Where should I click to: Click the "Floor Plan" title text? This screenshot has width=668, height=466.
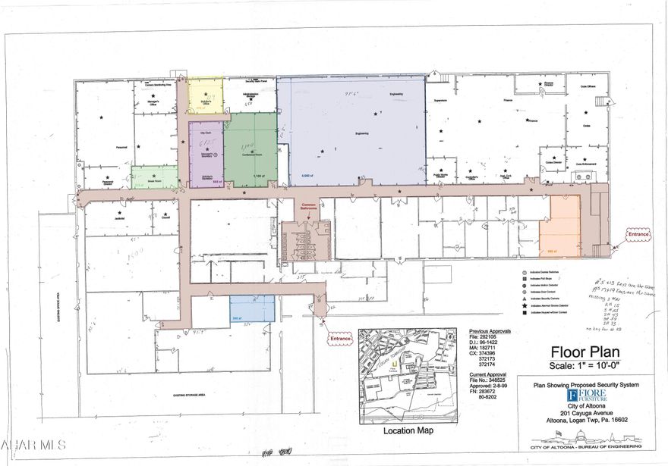point(585,352)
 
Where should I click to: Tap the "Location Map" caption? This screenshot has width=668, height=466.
point(409,430)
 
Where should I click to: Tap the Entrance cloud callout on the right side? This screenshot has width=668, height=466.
point(638,234)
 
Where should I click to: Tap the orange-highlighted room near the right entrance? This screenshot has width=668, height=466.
point(559,225)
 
